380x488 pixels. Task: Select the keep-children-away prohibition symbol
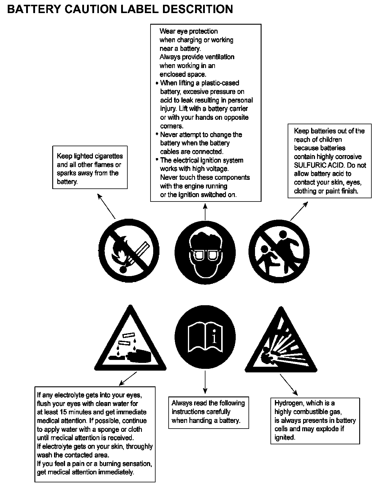[279, 251]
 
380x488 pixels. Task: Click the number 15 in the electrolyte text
[63, 412]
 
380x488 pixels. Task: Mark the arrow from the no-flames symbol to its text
[106, 206]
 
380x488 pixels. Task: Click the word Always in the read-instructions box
[182, 403]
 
